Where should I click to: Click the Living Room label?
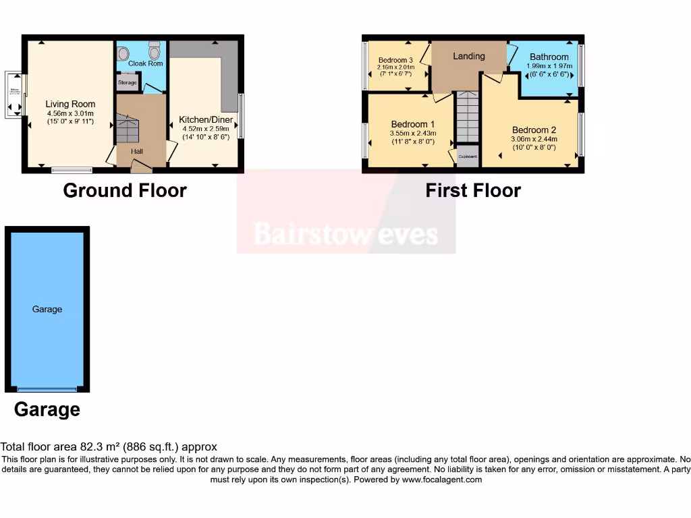(70, 104)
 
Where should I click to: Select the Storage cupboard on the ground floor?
(128, 82)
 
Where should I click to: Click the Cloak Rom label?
(145, 63)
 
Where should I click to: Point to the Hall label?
(137, 152)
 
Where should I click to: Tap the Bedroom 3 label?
(395, 60)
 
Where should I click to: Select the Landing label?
(468, 56)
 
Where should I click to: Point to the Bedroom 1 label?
(413, 124)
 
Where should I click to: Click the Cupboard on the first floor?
(468, 156)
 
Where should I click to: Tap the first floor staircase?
(468, 118)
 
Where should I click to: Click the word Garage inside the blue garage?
(47, 309)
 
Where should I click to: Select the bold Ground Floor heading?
(125, 190)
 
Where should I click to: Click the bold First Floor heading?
(472, 190)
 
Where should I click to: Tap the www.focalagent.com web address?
(442, 480)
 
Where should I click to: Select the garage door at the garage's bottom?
(47, 389)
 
